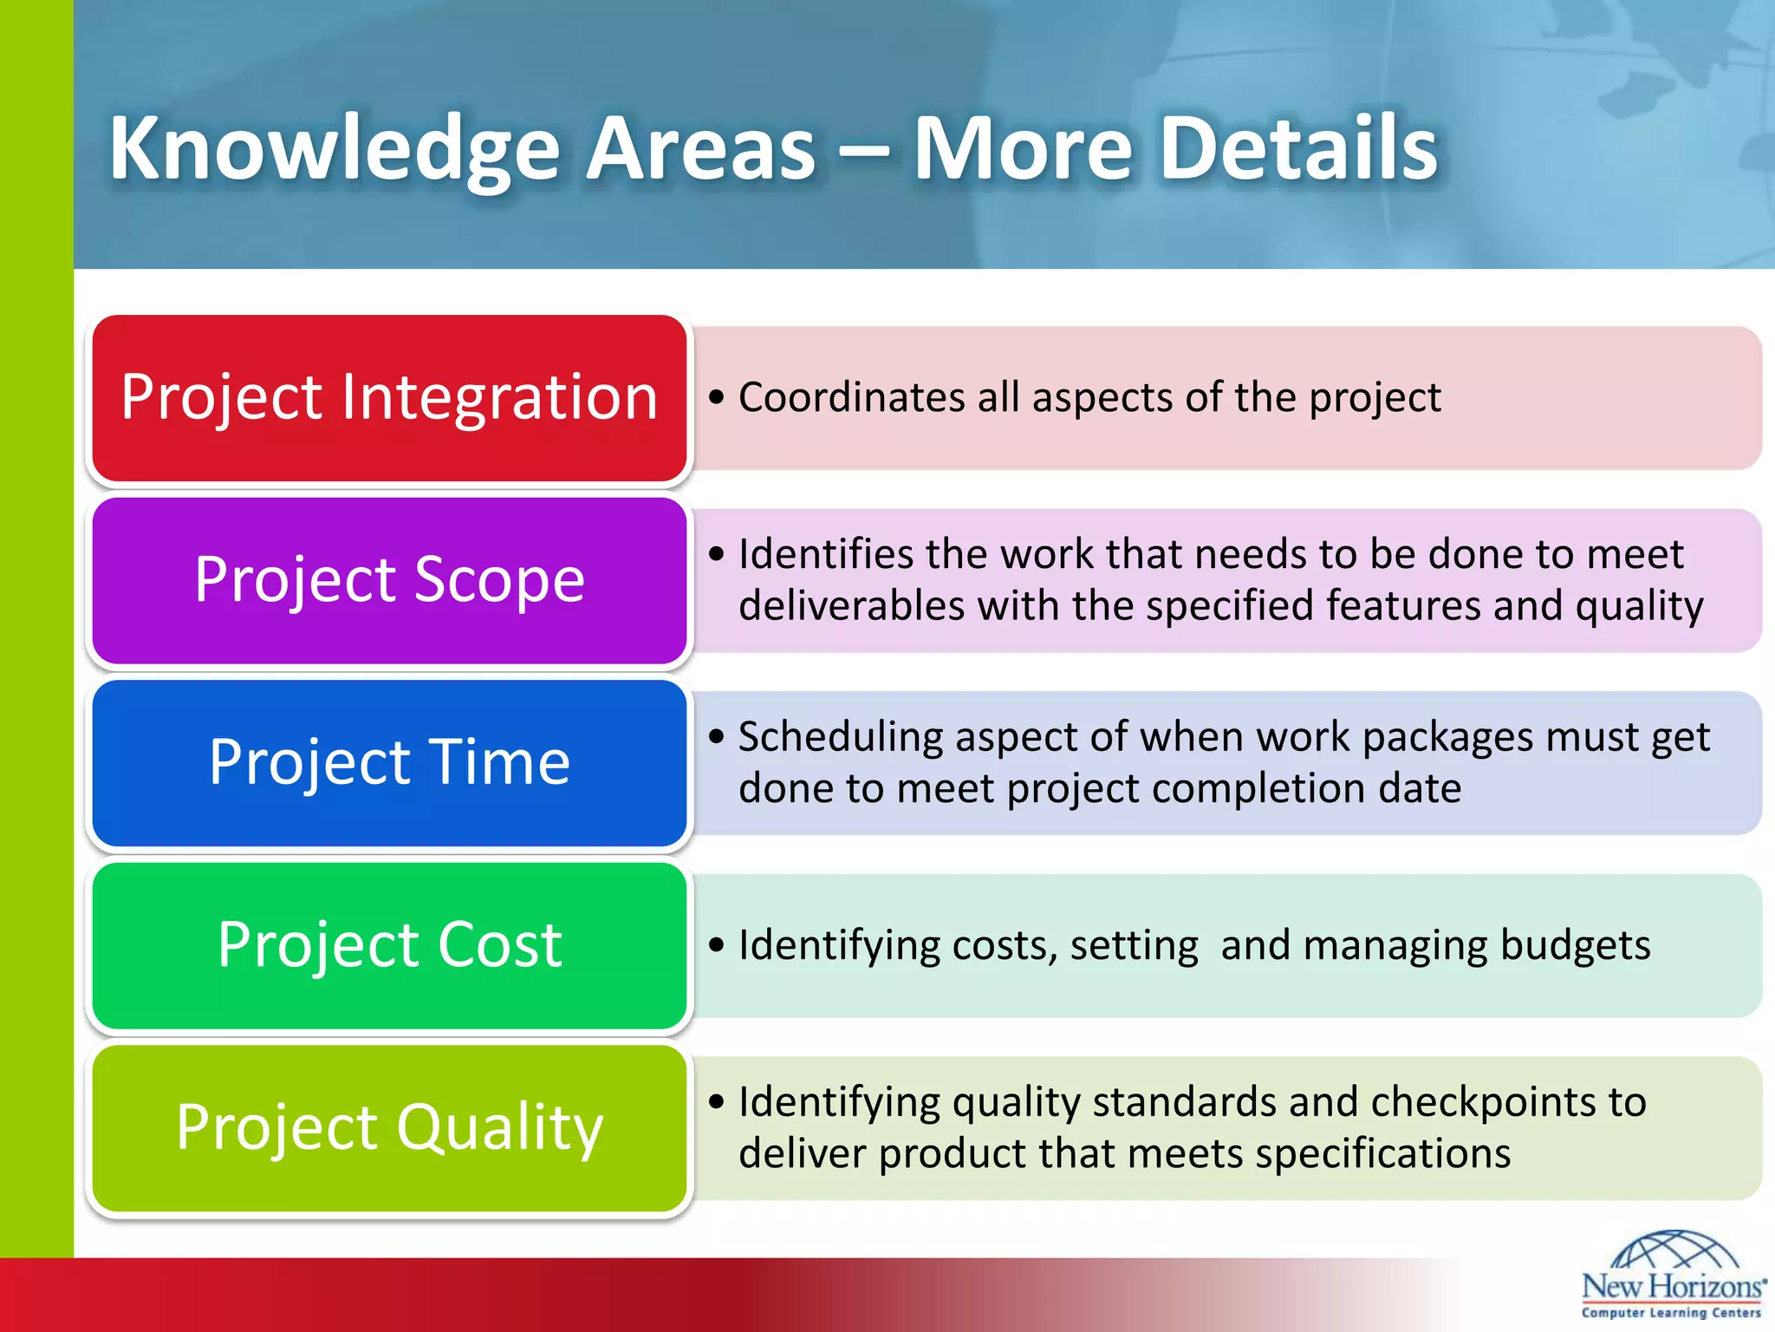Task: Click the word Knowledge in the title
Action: click(x=334, y=149)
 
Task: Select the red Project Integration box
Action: click(x=389, y=398)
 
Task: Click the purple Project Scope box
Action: click(x=389, y=580)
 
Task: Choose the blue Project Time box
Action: click(x=389, y=763)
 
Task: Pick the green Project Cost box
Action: click(x=389, y=945)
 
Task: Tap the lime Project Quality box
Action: click(x=389, y=1128)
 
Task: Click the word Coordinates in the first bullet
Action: click(x=851, y=398)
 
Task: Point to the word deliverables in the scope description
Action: click(x=851, y=606)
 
